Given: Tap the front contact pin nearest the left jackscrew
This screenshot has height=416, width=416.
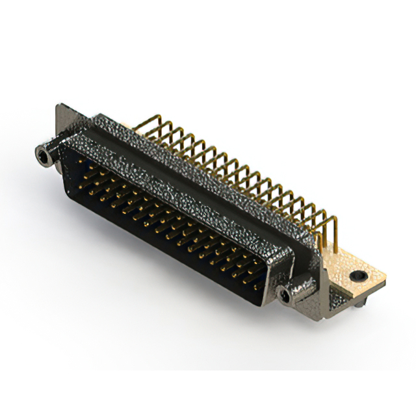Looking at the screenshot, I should (x=83, y=164).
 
